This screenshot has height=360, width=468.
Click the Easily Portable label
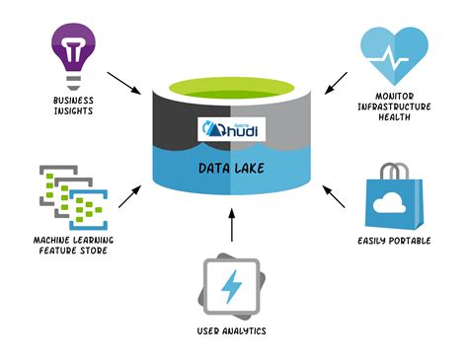(x=395, y=240)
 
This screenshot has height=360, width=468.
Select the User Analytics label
(x=233, y=331)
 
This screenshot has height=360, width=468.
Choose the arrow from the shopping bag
(x=335, y=196)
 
